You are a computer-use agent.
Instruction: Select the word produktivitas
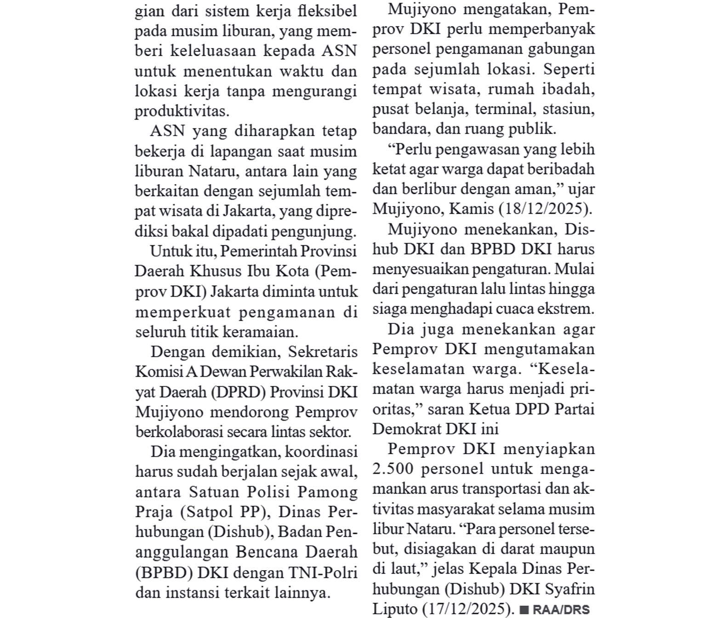pyautogui.click(x=182, y=111)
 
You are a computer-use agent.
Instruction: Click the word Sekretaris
pyautogui.click(x=323, y=352)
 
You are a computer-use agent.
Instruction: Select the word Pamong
pyautogui.click(x=328, y=492)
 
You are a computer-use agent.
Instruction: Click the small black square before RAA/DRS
pyautogui.click(x=524, y=610)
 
